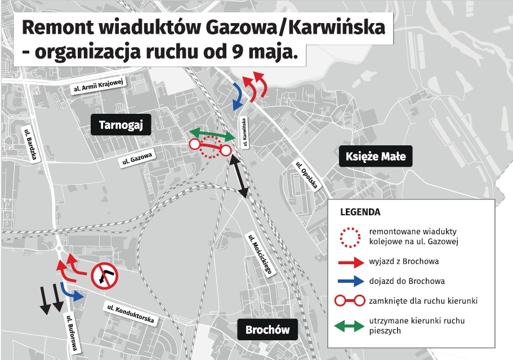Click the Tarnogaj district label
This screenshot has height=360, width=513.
[x=121, y=125]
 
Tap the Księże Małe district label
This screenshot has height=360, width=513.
[x=376, y=156]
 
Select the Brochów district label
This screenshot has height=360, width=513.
[x=267, y=329]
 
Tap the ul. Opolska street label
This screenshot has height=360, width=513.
[x=307, y=175]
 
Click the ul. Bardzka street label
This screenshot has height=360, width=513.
[x=32, y=144]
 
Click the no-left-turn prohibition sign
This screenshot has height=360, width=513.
[x=104, y=276]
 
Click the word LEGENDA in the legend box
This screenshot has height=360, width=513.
[x=360, y=212]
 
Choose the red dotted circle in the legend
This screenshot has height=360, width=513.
[x=350, y=238]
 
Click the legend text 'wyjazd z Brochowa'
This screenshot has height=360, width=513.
[x=404, y=261]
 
